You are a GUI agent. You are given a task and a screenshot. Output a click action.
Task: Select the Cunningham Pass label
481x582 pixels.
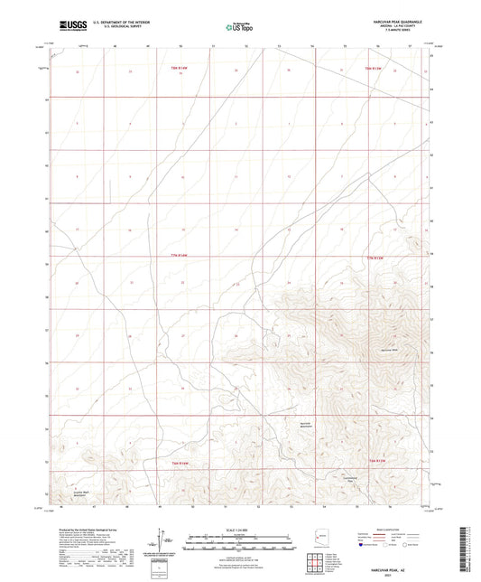[x=359, y=479]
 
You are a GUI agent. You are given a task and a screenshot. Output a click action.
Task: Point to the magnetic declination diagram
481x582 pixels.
[x=162, y=539]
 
